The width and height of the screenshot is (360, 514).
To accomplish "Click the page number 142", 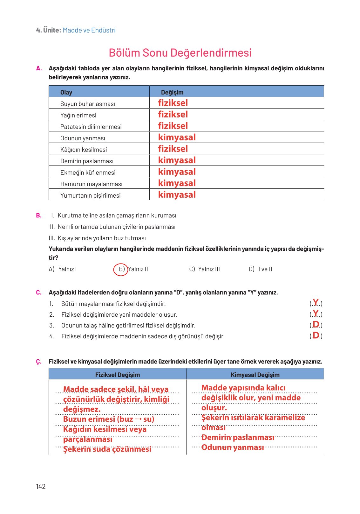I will [41, 486].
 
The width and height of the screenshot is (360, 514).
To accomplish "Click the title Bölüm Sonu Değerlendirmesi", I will [180, 53].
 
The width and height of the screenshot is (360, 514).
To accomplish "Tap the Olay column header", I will [66, 92].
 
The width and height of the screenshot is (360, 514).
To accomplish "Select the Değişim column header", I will [172, 92].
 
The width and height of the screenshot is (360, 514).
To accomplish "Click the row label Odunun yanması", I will [83, 138].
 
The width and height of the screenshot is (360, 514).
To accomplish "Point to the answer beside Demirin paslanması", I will [177, 160].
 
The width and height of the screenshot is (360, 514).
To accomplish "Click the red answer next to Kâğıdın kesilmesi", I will [173, 149].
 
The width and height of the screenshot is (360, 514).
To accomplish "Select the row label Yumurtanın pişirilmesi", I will [90, 195].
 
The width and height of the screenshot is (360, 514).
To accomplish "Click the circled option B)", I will [121, 269].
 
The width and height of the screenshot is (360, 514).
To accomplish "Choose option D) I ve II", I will [260, 269].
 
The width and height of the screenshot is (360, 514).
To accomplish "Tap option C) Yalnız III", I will [204, 269].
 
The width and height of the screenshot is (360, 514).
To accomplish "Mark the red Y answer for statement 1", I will [316, 302].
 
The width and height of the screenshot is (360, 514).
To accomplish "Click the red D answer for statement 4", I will [316, 335].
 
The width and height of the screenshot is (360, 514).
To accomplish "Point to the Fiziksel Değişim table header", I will [117, 375].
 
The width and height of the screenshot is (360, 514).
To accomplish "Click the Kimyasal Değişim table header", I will [255, 375].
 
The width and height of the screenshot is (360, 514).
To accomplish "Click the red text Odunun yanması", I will [233, 447].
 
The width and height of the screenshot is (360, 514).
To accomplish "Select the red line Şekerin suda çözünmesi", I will [107, 449].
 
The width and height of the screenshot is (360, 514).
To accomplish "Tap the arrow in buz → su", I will [138, 419].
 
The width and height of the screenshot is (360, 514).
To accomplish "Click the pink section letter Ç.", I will [38, 362].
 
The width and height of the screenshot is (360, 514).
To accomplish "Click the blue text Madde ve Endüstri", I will [89, 30].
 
